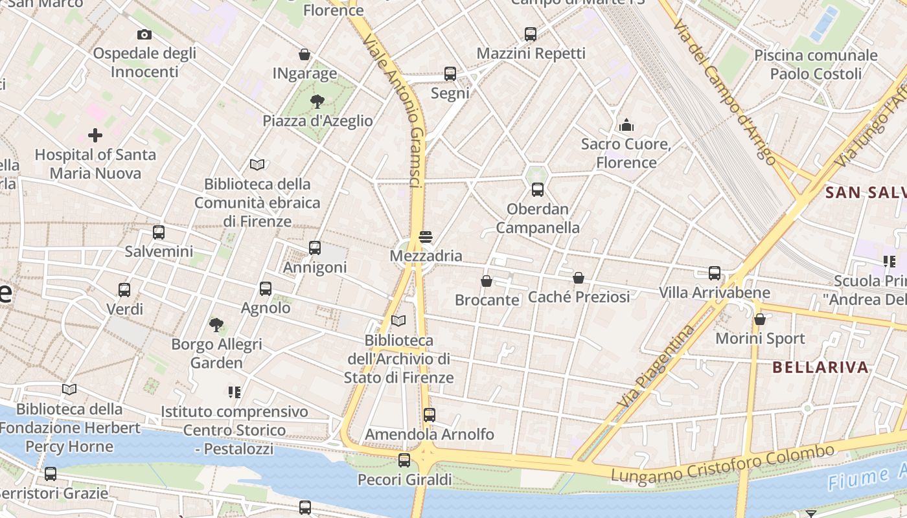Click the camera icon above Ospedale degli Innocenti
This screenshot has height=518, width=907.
point(144,34)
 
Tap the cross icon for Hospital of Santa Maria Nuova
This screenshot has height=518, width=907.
point(95,135)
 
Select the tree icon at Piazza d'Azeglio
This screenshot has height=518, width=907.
point(317,101)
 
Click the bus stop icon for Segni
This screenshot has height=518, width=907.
point(450,73)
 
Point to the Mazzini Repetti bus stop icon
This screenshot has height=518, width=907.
point(531,34)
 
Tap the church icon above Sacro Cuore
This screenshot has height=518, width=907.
point(626,124)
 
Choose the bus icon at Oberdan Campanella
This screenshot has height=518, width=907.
point(537,190)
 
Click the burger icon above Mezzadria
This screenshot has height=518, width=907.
point(426,237)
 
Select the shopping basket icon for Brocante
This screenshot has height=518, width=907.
point(487,281)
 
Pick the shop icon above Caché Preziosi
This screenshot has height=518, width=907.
point(579,278)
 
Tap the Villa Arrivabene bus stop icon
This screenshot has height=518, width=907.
point(715,273)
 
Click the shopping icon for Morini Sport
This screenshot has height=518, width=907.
point(760,319)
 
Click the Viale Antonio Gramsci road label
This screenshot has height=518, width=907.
point(395,110)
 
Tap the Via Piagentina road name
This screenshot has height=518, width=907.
point(656,366)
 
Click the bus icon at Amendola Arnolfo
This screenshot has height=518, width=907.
point(429,415)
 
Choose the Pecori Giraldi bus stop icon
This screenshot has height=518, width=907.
point(404,460)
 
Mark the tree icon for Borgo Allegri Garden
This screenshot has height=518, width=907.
point(216,324)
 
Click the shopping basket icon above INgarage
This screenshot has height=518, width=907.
point(304,54)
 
